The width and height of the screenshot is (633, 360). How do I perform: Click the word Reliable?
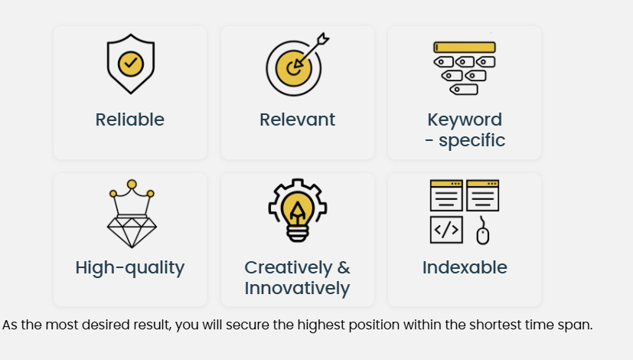(x=129, y=119)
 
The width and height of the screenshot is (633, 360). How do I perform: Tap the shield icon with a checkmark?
(x=131, y=64)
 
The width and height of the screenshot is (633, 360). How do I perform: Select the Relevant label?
(x=297, y=119)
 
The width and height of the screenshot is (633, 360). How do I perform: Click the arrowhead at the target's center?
(x=297, y=64)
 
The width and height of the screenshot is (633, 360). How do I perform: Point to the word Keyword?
(x=465, y=120)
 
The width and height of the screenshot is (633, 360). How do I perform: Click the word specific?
(x=472, y=140)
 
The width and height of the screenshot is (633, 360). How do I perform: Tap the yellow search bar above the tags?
(x=465, y=47)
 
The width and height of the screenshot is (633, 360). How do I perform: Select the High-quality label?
(x=129, y=268)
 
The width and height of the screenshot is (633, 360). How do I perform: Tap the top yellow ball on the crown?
(x=132, y=185)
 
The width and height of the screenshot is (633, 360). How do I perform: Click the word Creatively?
(x=289, y=268)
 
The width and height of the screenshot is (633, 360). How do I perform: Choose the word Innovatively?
(x=297, y=289)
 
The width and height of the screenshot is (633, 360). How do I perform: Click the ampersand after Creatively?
(x=344, y=267)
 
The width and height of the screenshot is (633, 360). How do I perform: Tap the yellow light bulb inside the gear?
(x=298, y=211)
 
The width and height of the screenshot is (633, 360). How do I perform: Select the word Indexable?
(x=465, y=267)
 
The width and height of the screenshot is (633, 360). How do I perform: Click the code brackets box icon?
(x=446, y=230)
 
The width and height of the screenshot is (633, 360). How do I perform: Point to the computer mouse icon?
(x=483, y=231)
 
